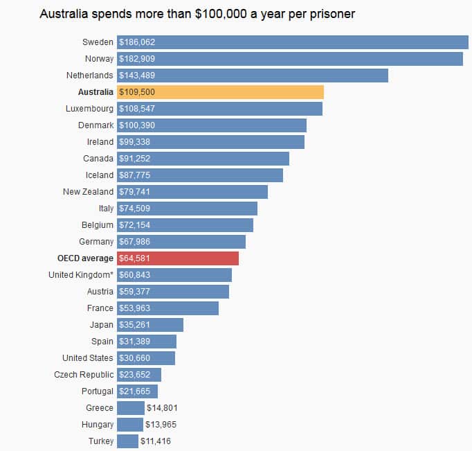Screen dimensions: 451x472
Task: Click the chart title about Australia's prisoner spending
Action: point(197,14)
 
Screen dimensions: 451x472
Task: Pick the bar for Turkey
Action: point(128,441)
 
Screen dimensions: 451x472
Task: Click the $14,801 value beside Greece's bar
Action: point(162,408)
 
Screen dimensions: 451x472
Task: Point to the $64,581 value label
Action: point(135,258)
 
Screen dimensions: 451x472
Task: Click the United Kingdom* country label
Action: point(80,275)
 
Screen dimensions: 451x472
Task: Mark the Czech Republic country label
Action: point(84,375)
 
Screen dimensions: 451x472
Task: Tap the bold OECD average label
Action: point(85,258)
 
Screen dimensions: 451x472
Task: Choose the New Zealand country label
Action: point(88,192)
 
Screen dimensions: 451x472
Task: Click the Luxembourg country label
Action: point(89,109)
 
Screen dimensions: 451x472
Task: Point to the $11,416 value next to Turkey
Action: point(156,441)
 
